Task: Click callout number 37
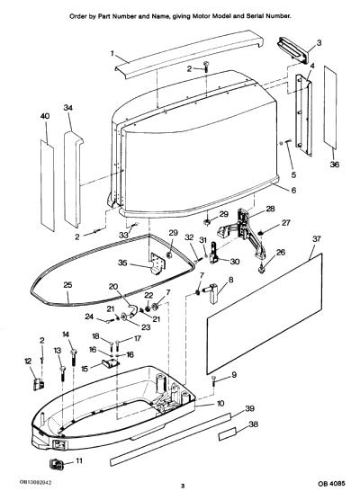(316, 239)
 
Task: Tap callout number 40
(45, 116)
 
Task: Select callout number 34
(68, 108)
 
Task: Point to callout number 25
(67, 285)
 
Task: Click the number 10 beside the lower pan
(220, 404)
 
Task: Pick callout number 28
(270, 209)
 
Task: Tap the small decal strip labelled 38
(228, 433)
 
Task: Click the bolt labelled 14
(74, 359)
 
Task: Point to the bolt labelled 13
(62, 373)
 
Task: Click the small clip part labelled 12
(39, 384)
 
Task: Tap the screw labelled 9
(214, 381)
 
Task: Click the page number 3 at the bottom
(183, 486)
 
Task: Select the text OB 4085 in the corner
(331, 484)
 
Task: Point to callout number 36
(334, 165)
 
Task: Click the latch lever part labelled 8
(211, 293)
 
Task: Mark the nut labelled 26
(262, 270)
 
